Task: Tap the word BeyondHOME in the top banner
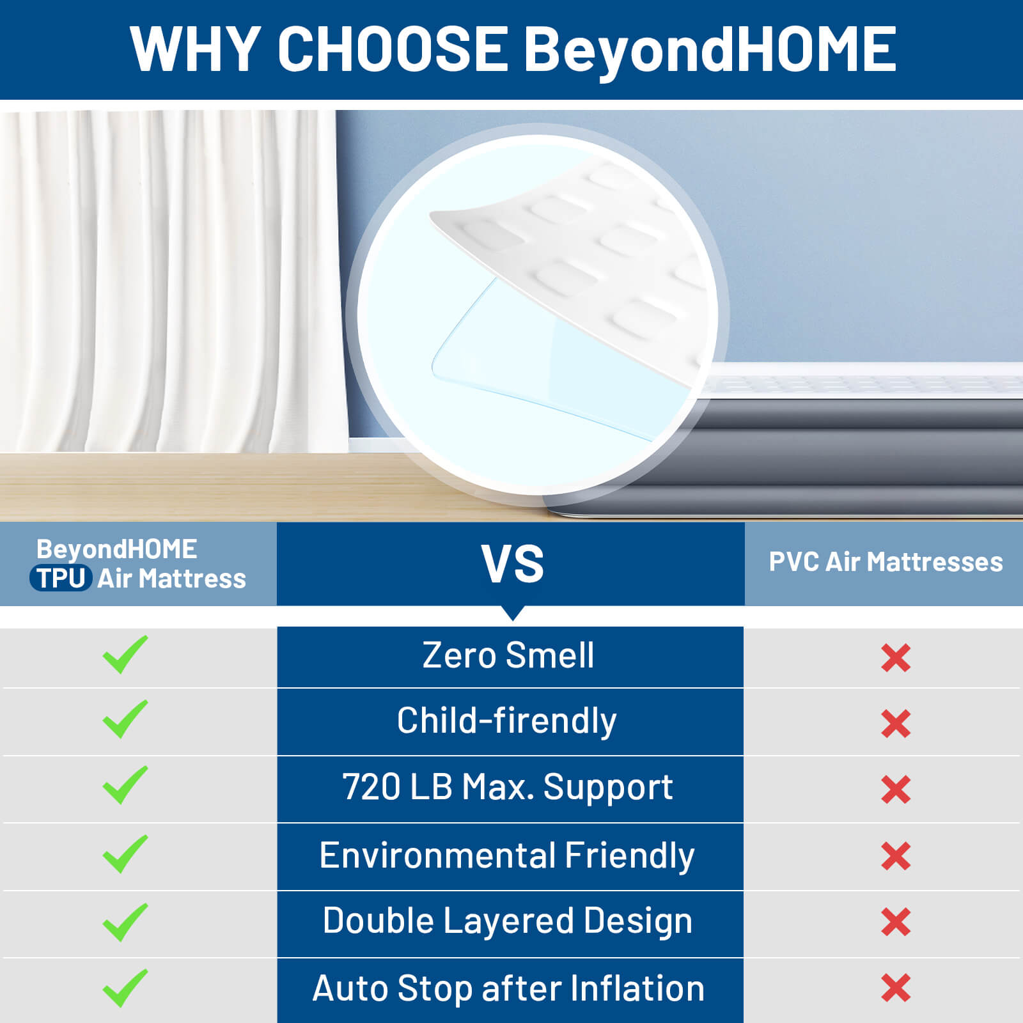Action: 710,51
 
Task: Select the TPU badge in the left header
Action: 61,578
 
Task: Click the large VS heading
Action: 512,564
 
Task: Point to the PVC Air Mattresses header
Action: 886,562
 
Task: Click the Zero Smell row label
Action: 508,655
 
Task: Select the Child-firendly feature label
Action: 506,721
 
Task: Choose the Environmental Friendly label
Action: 506,855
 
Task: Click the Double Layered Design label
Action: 508,921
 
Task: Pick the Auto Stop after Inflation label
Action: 508,988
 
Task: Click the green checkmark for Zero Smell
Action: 125,655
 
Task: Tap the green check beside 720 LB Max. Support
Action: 125,785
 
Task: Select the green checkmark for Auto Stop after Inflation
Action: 125,988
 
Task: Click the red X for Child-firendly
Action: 896,724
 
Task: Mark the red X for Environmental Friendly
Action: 896,856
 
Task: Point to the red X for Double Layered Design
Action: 896,922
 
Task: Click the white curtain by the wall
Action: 173,281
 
